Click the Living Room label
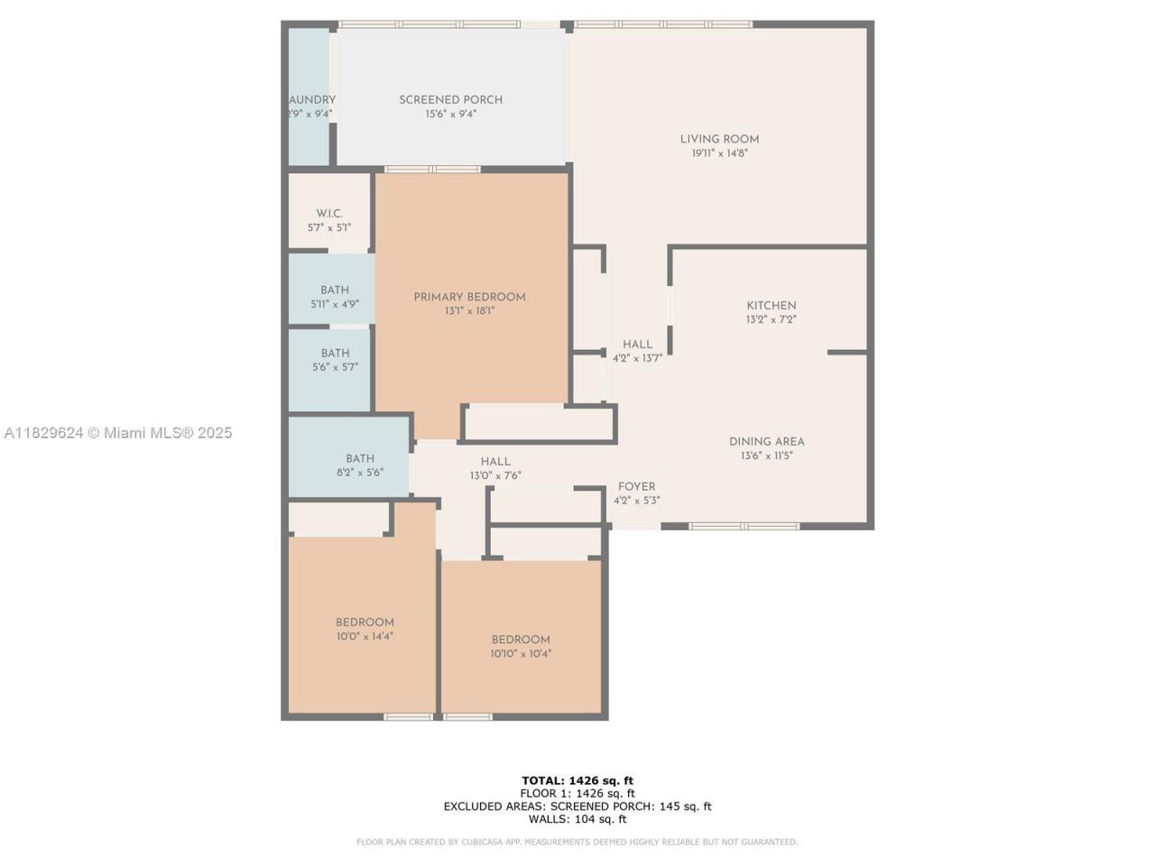click(x=719, y=139)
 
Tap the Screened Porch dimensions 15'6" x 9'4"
click(x=450, y=115)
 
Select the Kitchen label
click(x=771, y=306)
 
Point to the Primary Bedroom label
click(x=469, y=297)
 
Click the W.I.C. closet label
click(x=329, y=214)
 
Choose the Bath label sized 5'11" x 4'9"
click(x=335, y=290)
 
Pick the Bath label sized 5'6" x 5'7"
click(x=335, y=354)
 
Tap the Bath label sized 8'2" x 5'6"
click(x=359, y=458)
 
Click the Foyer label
click(x=636, y=487)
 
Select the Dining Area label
click(x=766, y=442)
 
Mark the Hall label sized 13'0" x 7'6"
click(x=495, y=462)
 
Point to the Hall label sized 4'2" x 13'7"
click(x=637, y=345)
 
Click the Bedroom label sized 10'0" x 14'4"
click(x=365, y=622)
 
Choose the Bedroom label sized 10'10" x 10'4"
click(x=521, y=640)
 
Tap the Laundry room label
click(x=311, y=100)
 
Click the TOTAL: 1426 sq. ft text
click(x=577, y=780)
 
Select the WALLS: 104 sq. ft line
click(x=577, y=819)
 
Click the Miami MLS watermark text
click(x=118, y=433)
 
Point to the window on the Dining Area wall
click(x=744, y=526)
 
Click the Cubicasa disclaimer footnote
click(x=577, y=843)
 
